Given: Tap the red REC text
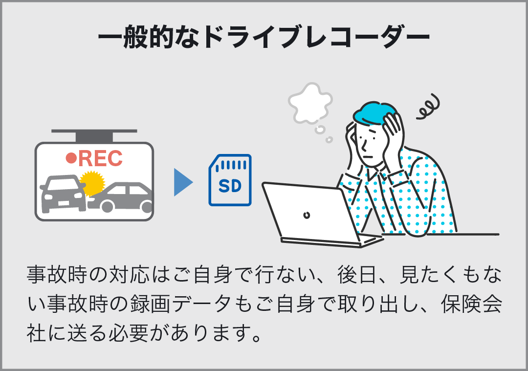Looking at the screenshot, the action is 100,158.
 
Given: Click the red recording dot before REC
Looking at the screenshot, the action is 71,158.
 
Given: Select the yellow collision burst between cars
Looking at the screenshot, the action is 91,183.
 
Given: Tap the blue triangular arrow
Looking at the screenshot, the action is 183,182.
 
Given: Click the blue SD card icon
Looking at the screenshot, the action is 230,180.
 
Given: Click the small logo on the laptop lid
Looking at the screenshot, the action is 307,215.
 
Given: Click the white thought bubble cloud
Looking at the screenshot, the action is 310,103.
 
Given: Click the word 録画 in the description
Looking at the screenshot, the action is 149,304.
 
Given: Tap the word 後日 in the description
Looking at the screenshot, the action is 357,275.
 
